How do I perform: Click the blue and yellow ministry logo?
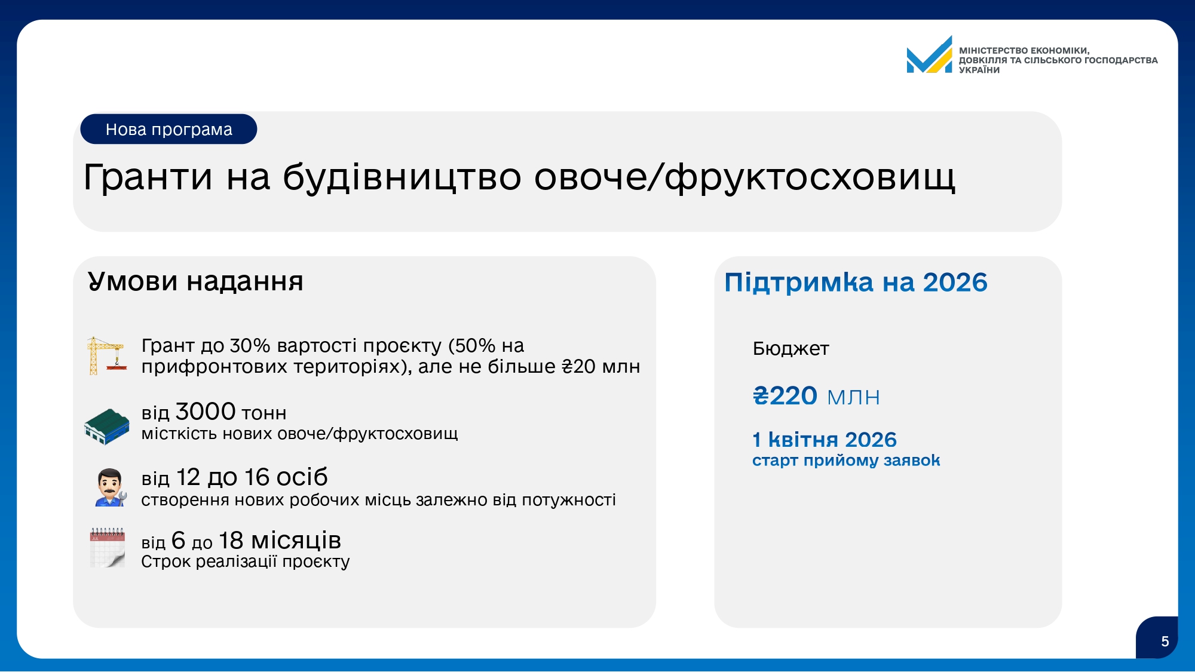click(929, 55)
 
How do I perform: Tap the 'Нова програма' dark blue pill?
click(168, 129)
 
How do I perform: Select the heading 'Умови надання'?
click(195, 281)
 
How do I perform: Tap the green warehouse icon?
click(107, 426)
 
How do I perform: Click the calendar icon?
click(108, 547)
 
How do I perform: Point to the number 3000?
click(206, 412)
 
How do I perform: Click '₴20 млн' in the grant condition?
click(600, 366)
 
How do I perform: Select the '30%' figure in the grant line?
click(250, 346)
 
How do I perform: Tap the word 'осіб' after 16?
click(302, 477)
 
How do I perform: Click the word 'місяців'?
click(296, 541)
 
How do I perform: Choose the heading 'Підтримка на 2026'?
click(856, 283)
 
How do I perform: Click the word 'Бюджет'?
click(791, 348)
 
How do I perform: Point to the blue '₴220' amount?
click(785, 396)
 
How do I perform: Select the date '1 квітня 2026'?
click(825, 440)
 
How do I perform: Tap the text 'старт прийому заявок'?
click(846, 461)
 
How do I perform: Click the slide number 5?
click(1165, 642)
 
